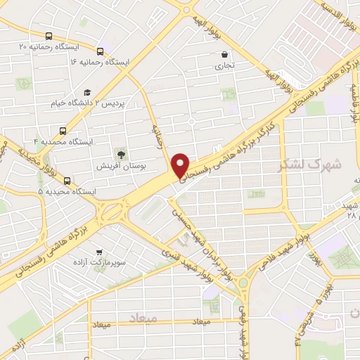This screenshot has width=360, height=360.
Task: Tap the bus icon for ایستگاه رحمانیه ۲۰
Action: point(49,36)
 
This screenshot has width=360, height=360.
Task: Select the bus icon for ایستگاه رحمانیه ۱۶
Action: point(101,51)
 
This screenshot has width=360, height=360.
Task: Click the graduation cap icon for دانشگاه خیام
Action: point(87,92)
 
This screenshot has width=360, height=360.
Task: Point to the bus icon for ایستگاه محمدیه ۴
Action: point(63,131)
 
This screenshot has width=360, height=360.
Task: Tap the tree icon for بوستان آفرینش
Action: point(122,155)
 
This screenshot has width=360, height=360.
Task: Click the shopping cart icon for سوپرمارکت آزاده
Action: point(98,251)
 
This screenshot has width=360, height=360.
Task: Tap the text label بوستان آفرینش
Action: point(123,167)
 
